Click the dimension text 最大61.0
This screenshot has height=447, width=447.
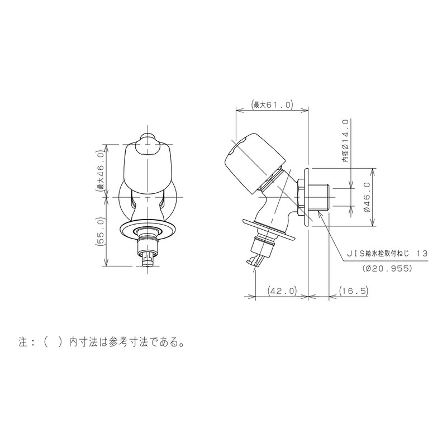273,104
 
